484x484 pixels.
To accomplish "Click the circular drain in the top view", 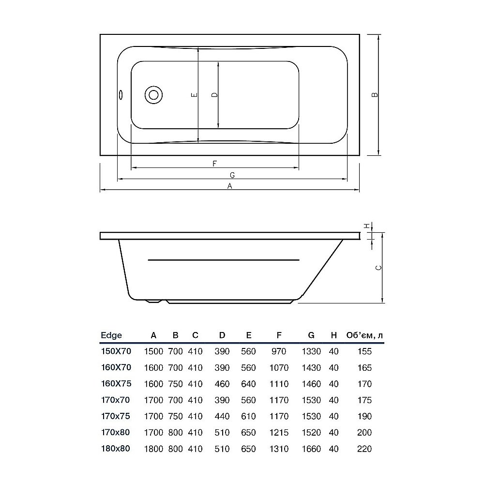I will click(x=154, y=95).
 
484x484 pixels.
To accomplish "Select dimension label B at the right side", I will click(x=374, y=95).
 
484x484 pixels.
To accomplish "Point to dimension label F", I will click(x=214, y=163).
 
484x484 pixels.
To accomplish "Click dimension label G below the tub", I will click(x=232, y=175).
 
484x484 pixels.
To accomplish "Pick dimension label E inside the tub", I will click(x=194, y=95).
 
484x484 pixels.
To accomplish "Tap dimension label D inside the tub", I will click(x=214, y=95).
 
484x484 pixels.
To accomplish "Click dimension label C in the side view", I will click(x=379, y=268).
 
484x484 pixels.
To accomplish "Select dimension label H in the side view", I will click(x=367, y=226).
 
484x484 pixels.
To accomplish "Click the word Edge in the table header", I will click(x=111, y=335).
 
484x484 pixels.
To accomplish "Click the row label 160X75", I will click(x=116, y=384).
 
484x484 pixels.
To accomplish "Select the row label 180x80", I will click(x=116, y=449).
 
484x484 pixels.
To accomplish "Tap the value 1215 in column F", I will click(x=279, y=433).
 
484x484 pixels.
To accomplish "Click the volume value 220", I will click(x=364, y=449).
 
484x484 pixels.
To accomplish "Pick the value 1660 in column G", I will click(x=311, y=449).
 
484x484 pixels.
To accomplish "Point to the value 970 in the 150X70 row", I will click(x=279, y=351).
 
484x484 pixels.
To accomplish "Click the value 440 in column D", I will click(x=222, y=416).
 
